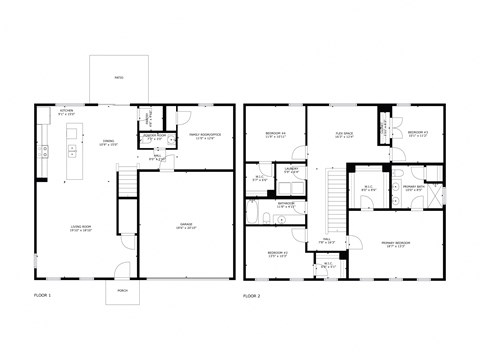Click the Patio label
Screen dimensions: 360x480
coord(118,76)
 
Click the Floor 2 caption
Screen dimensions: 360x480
coord(251,297)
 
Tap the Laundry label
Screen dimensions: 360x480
coord(291,170)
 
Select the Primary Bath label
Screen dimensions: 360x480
coord(414,187)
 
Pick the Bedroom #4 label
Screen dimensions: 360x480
coord(276,134)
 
